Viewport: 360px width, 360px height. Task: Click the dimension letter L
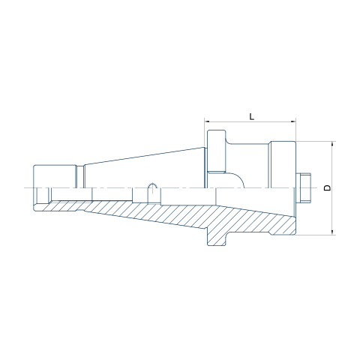point(252,116)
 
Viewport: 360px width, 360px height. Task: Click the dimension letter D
point(327,187)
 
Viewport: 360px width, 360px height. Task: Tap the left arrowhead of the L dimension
point(208,121)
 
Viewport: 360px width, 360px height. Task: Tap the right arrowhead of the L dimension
point(292,121)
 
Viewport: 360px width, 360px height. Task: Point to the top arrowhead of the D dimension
point(332,144)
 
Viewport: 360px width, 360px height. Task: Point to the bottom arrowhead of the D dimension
point(332,232)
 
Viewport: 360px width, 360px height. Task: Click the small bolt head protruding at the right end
point(305,187)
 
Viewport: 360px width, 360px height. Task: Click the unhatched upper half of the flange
point(217,151)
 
